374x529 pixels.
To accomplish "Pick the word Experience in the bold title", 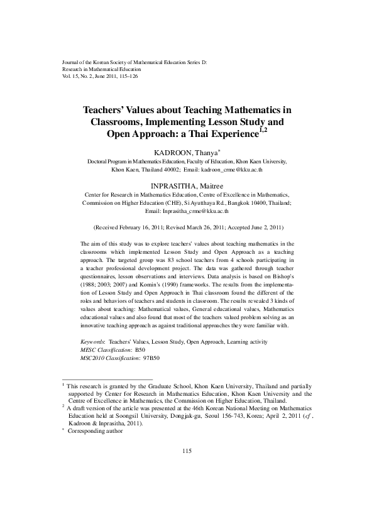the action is (x=227, y=134).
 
